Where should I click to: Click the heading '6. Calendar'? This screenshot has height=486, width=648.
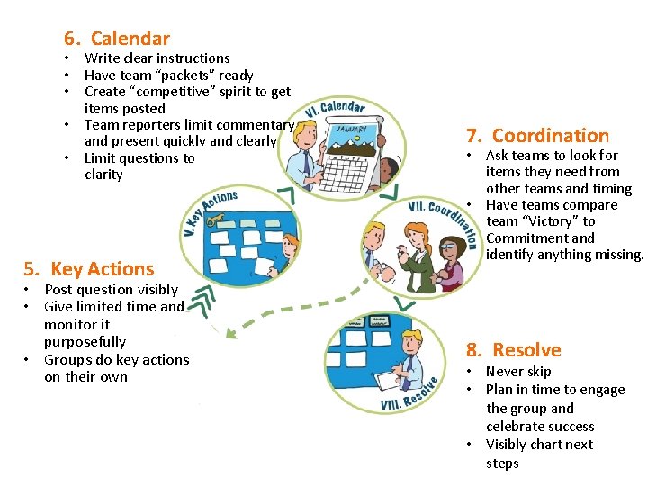116,38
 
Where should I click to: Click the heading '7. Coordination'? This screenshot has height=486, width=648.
537,136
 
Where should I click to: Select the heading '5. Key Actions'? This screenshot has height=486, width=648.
88,268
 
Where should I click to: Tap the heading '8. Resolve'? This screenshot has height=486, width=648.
513,350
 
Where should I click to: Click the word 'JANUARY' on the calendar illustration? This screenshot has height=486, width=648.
350,129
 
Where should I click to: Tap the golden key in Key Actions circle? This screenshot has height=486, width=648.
214,202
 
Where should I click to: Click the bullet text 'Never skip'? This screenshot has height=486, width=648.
518,371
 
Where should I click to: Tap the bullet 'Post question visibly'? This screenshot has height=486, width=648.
111,289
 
